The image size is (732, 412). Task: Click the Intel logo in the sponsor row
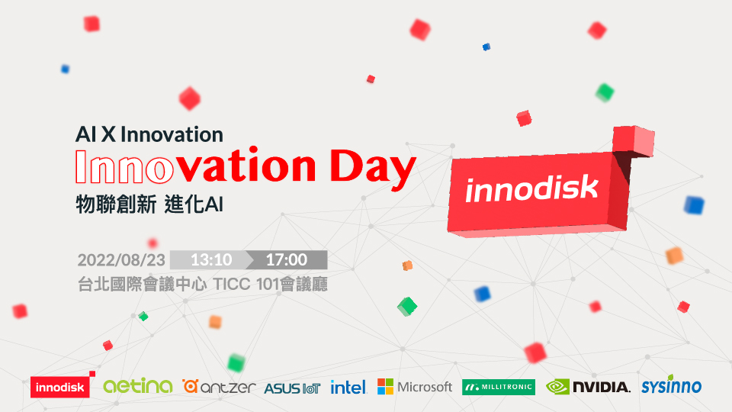348,387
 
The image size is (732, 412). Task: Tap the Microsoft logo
415,387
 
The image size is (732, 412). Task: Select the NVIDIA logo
588,387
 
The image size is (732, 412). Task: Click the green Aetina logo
138,386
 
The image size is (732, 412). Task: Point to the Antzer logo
219,387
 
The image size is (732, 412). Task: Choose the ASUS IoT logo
292,388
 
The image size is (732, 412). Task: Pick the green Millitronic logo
499,387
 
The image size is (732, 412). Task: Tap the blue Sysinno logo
671,385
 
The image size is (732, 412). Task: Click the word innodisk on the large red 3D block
531,189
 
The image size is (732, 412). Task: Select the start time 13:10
211,259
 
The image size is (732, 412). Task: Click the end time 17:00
287,259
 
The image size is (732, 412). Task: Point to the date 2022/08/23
121,260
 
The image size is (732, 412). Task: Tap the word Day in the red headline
373,169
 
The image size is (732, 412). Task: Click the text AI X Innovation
149,134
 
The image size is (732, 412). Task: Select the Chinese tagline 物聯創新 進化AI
149,204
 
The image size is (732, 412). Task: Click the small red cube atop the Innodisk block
634,140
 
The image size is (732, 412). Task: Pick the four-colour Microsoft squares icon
385,387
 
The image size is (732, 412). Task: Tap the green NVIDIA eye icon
557,387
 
